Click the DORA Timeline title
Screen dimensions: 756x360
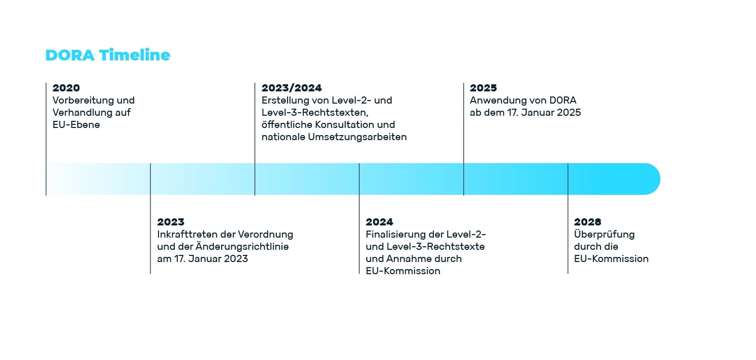[108, 55]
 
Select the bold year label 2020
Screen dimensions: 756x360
[66, 88]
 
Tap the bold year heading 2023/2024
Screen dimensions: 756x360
[292, 88]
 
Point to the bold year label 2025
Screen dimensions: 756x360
[483, 88]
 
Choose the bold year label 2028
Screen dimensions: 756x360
[588, 222]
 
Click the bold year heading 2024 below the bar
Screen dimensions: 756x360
[380, 222]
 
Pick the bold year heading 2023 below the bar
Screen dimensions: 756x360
[171, 222]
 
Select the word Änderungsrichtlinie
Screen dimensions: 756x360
[242, 246]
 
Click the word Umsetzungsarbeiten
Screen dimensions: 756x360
[357, 137]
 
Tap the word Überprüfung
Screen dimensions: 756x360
[605, 234]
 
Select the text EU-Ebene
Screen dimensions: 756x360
[76, 125]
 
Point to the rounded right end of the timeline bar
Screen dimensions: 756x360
[659, 179]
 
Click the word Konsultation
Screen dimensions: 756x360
[344, 125]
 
